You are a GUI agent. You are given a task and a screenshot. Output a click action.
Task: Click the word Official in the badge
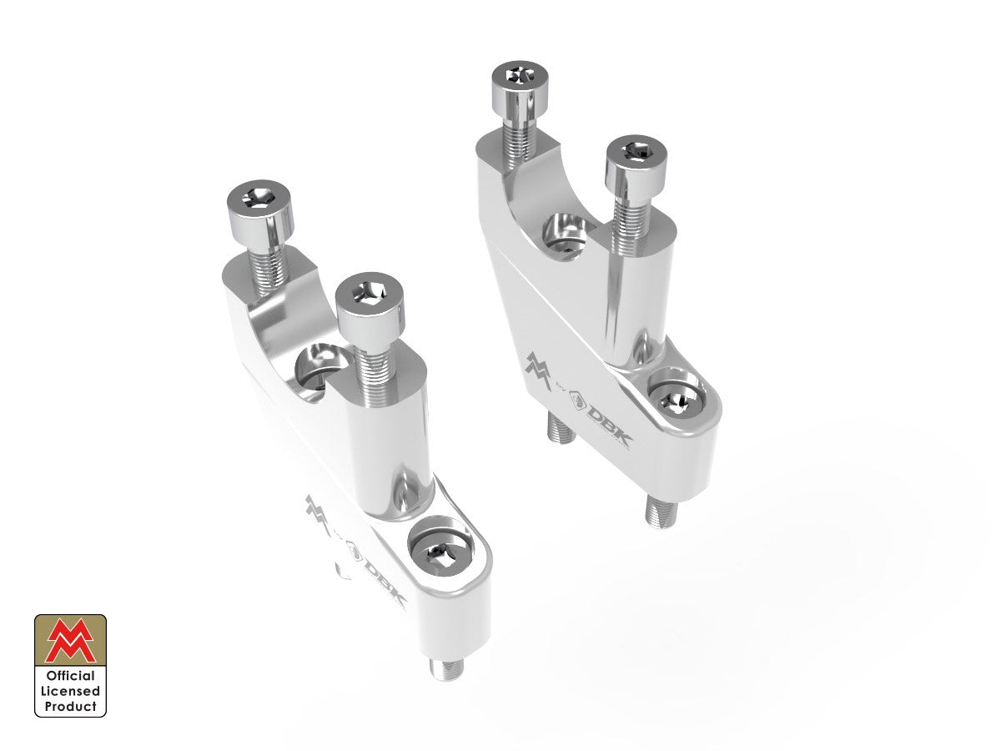[71, 676]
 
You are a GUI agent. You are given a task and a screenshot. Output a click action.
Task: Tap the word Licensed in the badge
[71, 691]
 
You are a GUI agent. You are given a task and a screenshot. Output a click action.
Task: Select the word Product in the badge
[71, 706]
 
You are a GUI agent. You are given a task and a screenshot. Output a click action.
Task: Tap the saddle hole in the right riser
[566, 233]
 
